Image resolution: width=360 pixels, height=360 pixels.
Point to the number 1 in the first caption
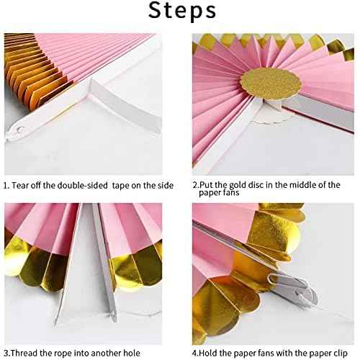pos(6,186)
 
